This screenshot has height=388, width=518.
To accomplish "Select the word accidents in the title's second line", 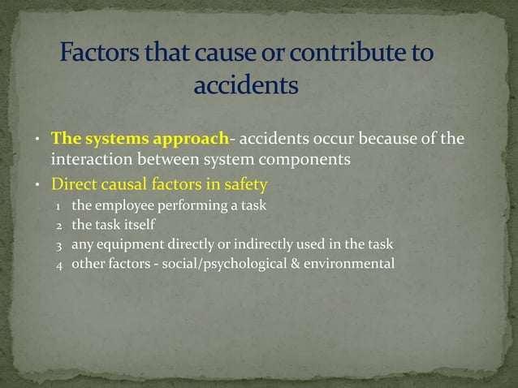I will click(x=246, y=84).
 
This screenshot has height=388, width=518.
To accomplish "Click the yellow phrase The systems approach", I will click(x=140, y=138).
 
